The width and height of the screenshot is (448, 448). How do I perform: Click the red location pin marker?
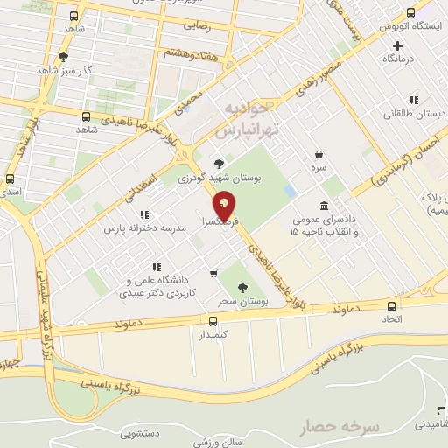224,206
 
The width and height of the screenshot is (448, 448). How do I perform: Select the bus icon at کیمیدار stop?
213,320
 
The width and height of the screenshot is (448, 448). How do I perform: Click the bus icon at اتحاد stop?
390,306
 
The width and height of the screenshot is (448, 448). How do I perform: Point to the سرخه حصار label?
339,429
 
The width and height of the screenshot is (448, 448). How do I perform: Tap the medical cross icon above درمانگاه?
398,44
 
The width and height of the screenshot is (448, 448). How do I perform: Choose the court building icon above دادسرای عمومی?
325,206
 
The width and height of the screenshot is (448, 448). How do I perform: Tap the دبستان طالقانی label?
413,114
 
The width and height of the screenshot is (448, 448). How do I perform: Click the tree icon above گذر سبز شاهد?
63,58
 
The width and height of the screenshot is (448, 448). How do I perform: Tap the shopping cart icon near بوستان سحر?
213,274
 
